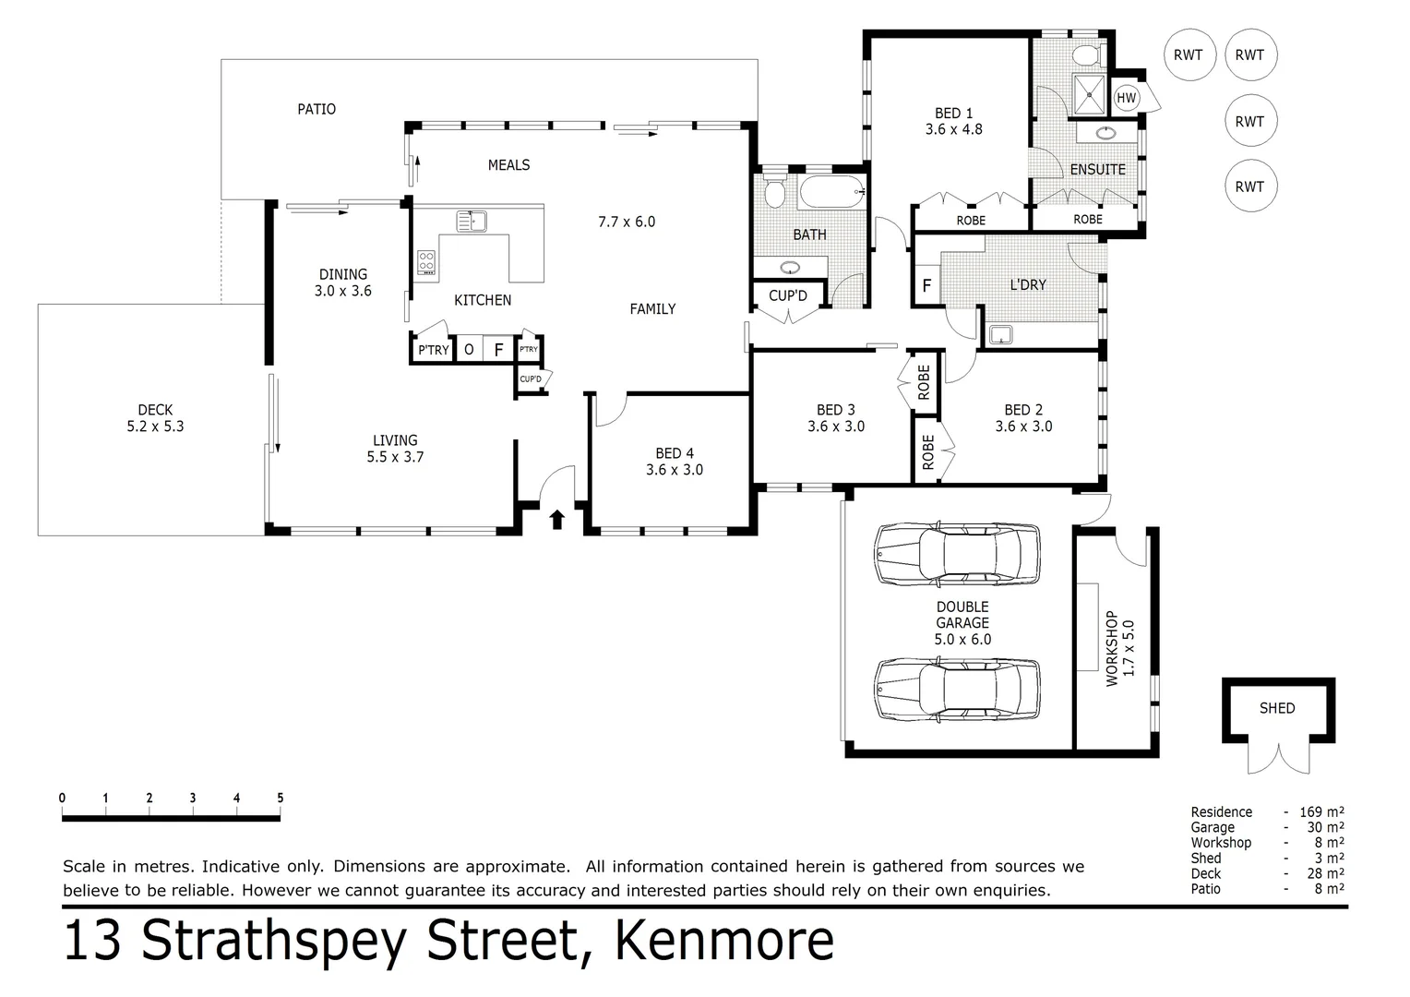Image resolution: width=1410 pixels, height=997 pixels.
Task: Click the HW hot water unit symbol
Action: click(x=1126, y=98)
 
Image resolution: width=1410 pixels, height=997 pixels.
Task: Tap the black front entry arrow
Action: click(x=557, y=520)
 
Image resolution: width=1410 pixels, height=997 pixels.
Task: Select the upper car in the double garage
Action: click(x=957, y=555)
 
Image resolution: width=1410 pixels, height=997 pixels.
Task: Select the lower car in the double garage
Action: click(x=957, y=690)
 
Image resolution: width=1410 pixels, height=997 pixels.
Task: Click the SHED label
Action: click(x=1277, y=708)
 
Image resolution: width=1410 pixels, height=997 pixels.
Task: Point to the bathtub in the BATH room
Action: click(x=831, y=192)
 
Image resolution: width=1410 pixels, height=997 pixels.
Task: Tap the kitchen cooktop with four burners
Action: click(x=426, y=262)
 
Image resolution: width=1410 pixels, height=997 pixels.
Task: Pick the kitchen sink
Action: click(x=471, y=222)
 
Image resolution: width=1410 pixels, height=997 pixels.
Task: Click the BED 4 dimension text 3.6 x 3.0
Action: click(x=675, y=470)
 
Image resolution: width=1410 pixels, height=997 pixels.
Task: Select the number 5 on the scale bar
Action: click(x=280, y=799)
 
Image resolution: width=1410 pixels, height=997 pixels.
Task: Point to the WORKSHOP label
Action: click(x=1112, y=648)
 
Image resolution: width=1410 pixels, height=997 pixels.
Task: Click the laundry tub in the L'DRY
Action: click(x=999, y=334)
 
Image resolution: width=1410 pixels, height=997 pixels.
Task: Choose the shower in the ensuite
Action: click(x=1091, y=93)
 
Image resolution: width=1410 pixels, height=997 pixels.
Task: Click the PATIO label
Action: click(x=317, y=109)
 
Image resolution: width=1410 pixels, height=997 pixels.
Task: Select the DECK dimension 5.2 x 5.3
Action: click(x=155, y=426)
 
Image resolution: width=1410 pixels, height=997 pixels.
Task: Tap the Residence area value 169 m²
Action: click(x=1321, y=812)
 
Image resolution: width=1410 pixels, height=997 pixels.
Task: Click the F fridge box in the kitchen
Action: click(x=498, y=350)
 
